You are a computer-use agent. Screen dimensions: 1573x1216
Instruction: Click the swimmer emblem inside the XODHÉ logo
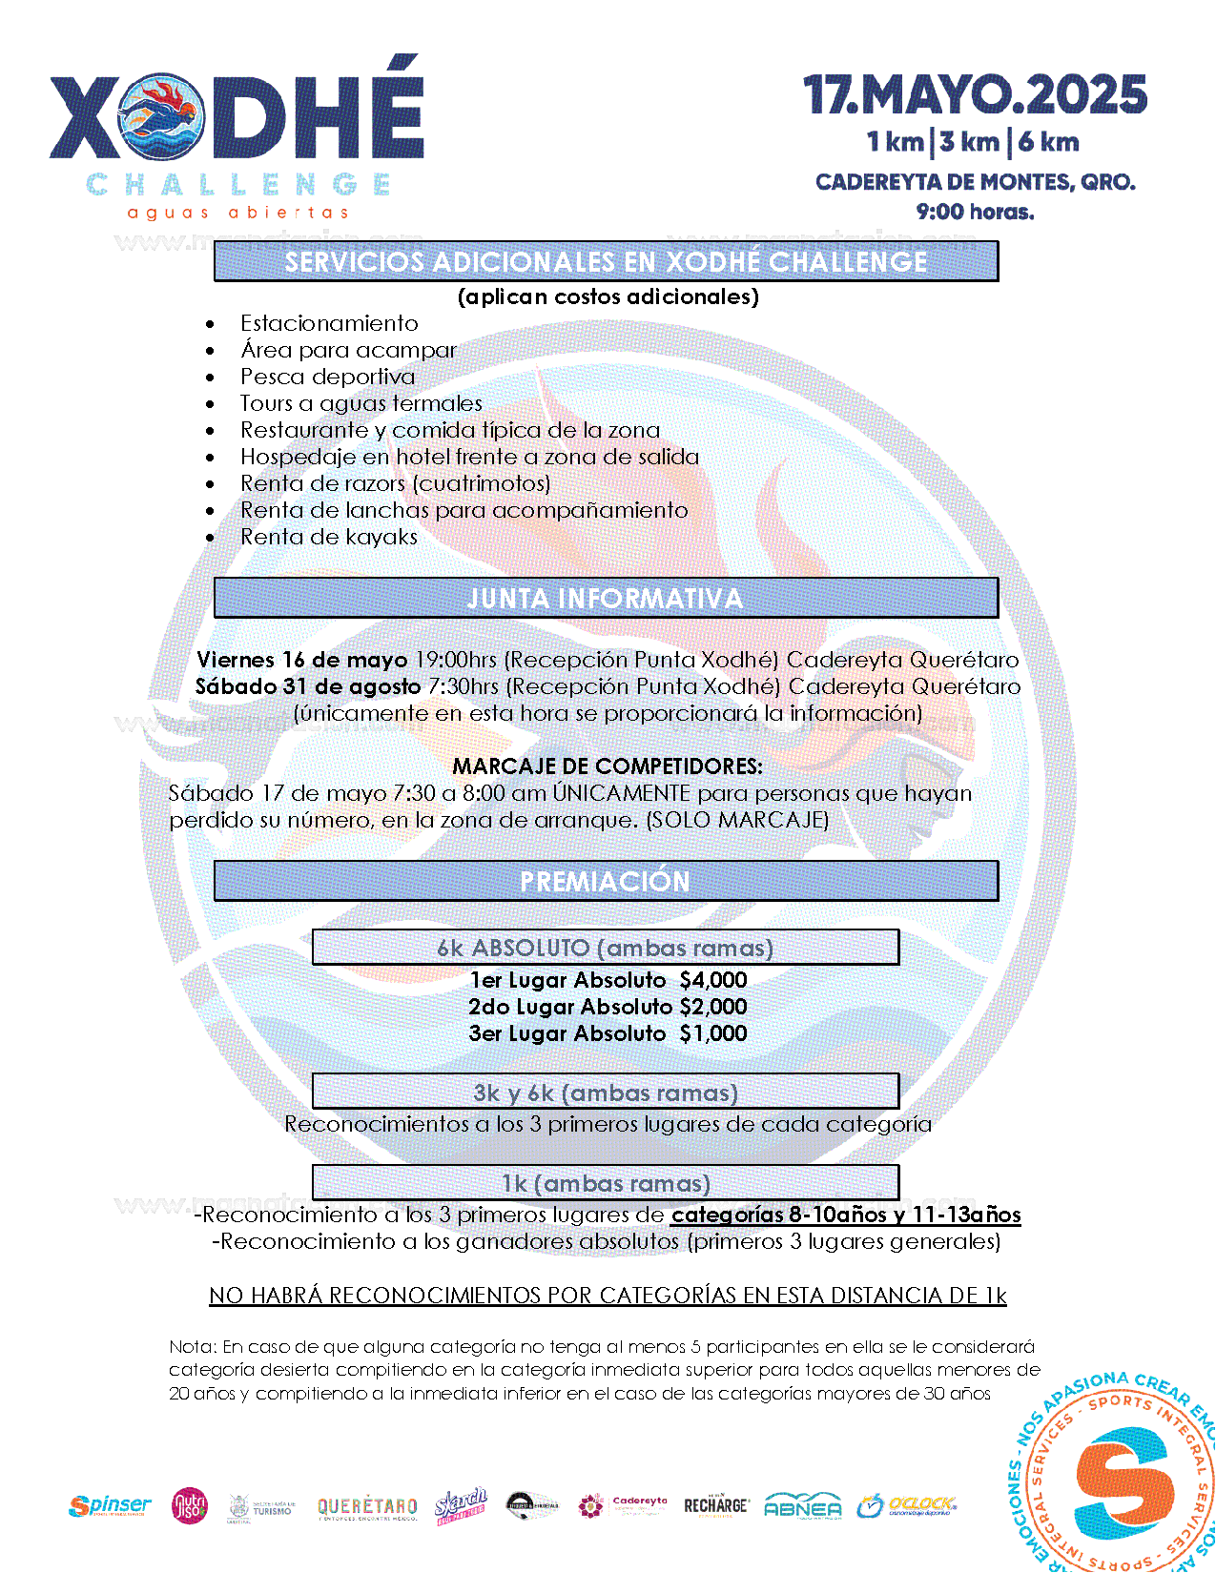point(161,116)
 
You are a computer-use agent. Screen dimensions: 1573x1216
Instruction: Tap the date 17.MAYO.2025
point(975,95)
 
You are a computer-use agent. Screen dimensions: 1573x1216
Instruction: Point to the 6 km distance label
point(1048,143)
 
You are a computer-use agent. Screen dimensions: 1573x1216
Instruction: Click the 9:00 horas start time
point(975,212)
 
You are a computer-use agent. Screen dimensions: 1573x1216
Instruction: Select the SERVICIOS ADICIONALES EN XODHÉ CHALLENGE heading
point(606,262)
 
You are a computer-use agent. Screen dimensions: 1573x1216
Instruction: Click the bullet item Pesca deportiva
point(327,377)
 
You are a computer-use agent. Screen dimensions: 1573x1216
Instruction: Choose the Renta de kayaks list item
point(328,537)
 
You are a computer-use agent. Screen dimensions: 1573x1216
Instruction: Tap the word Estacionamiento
point(329,323)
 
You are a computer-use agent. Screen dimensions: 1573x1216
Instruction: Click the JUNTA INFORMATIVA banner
point(606,599)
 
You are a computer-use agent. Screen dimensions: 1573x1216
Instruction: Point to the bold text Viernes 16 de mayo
point(301,660)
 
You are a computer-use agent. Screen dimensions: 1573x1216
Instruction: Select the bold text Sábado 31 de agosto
point(307,686)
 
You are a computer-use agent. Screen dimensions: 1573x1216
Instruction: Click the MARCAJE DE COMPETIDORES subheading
point(607,766)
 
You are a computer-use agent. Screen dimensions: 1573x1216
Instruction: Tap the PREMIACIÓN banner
point(606,882)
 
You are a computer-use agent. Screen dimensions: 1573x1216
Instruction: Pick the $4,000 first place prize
point(713,980)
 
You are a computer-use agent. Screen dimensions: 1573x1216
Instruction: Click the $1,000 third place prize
point(713,1033)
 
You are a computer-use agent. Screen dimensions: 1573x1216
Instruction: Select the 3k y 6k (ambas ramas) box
point(606,1093)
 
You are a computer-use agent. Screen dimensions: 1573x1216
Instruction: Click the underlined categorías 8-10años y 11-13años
point(846,1215)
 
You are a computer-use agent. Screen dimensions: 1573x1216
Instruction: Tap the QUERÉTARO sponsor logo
point(367,1507)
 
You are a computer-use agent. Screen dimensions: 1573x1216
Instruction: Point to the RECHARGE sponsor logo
point(716,1505)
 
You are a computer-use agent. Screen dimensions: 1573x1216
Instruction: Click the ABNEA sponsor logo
point(803,1506)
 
